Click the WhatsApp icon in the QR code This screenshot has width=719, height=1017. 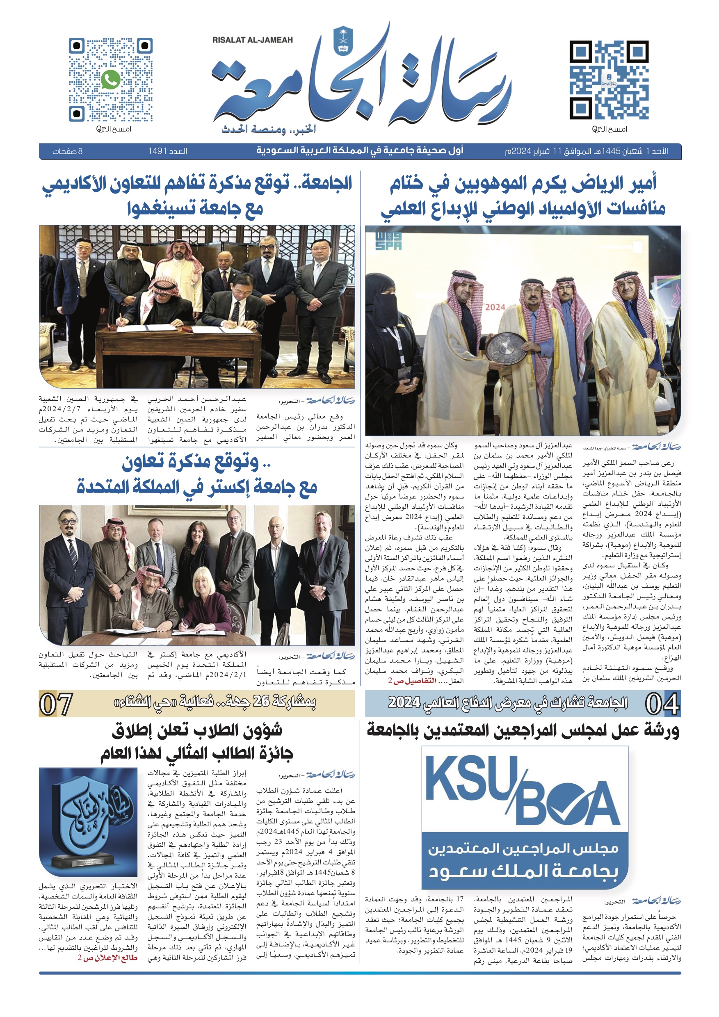[110, 80]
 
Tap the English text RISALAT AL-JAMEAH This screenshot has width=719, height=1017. [253, 40]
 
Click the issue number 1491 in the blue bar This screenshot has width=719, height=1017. [167, 151]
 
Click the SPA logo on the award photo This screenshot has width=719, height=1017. [388, 241]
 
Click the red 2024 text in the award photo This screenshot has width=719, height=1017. [495, 307]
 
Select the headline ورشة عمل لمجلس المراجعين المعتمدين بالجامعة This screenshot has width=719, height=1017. [523, 731]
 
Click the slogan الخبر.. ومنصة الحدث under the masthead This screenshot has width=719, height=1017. [269, 129]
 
